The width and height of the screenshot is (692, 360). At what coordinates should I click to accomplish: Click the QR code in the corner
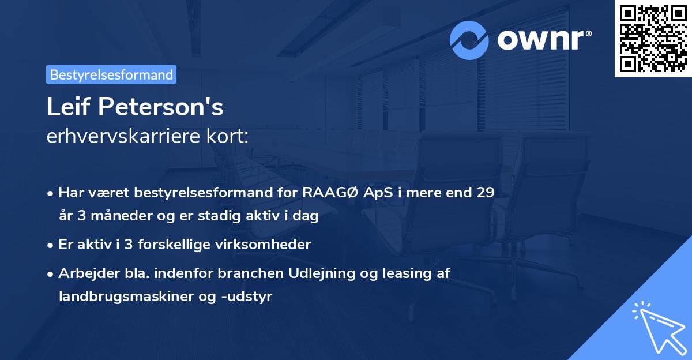653,39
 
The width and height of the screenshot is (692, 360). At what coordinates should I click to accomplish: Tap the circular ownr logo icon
469,40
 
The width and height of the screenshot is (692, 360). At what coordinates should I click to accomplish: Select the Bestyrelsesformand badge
111,74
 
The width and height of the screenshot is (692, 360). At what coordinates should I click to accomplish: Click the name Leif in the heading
68,107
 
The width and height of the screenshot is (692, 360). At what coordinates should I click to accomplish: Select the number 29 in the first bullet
485,193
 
